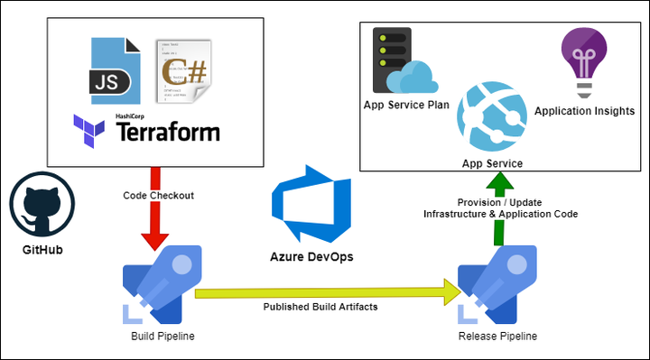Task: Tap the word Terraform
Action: tap(169, 132)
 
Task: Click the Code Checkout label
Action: tap(159, 196)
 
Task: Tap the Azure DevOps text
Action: tap(311, 256)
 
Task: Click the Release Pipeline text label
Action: tap(497, 336)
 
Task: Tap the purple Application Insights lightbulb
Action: tap(576, 60)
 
